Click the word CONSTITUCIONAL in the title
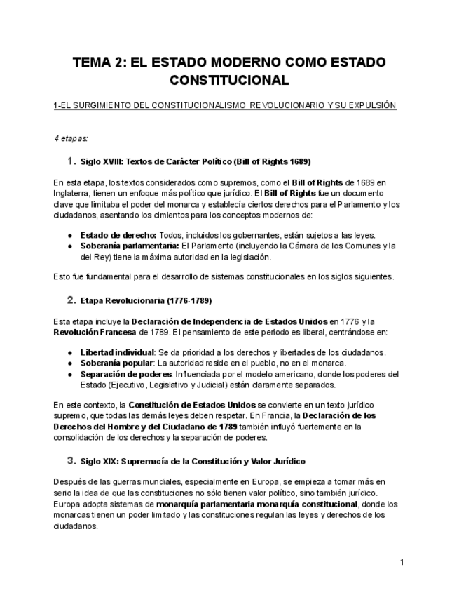tap(229, 81)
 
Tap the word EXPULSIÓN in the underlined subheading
tap(371, 106)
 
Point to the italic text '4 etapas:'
tap(71, 138)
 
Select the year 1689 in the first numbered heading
tap(299, 161)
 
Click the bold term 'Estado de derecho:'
tap(118, 235)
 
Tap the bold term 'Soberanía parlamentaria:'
tap(130, 246)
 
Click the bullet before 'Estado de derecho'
tap(70, 235)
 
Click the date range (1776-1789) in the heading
tap(189, 301)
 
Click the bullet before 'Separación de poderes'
tap(70, 374)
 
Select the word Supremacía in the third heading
tap(145, 462)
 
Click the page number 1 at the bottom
tap(402, 562)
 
